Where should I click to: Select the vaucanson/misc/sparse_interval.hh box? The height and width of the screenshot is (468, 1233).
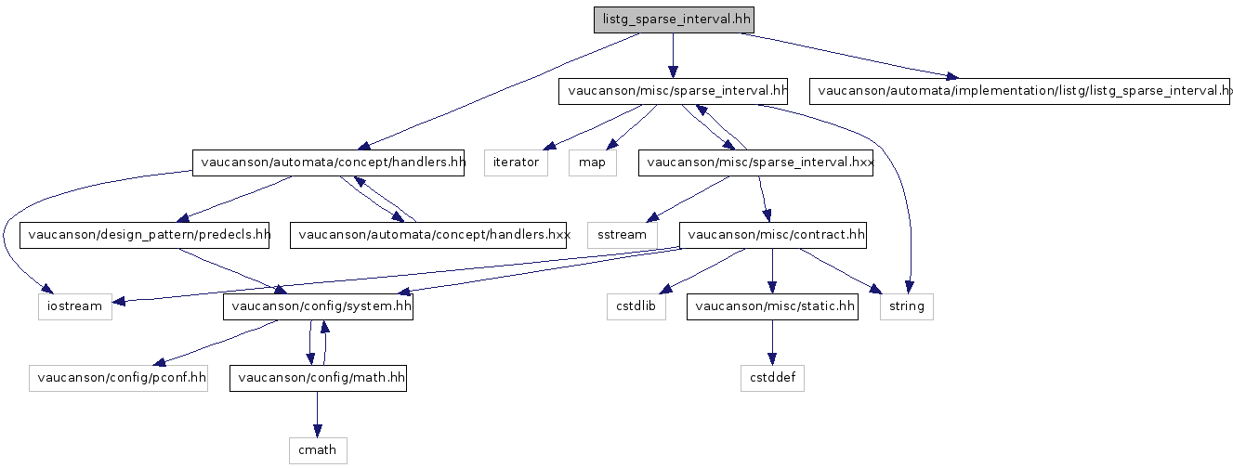coord(674,91)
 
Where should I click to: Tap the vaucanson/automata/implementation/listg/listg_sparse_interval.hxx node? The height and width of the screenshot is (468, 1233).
coord(1020,91)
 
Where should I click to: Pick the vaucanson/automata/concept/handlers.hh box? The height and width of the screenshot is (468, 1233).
coord(328,162)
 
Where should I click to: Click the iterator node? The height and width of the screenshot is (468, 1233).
coord(516,162)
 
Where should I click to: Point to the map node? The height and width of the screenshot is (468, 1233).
coord(593,162)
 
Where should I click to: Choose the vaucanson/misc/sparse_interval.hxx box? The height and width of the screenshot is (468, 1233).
coord(756,162)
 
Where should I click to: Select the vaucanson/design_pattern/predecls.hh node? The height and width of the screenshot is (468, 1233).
coord(146,235)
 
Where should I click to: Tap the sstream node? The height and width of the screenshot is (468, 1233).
coord(622,235)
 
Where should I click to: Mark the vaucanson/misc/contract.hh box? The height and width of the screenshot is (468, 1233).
coord(773,235)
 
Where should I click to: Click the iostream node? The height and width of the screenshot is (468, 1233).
coord(74,306)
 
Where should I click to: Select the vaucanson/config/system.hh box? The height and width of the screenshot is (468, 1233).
coord(318,306)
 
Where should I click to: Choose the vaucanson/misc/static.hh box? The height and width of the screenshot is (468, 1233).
coord(772,306)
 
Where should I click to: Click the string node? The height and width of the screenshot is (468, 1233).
coord(907,306)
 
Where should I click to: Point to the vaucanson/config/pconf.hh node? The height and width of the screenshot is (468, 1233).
coord(118,379)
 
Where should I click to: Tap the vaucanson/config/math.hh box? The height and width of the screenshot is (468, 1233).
coord(318,379)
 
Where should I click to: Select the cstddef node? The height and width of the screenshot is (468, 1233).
coord(772,379)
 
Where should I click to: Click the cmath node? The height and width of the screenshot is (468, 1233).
coord(318,450)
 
